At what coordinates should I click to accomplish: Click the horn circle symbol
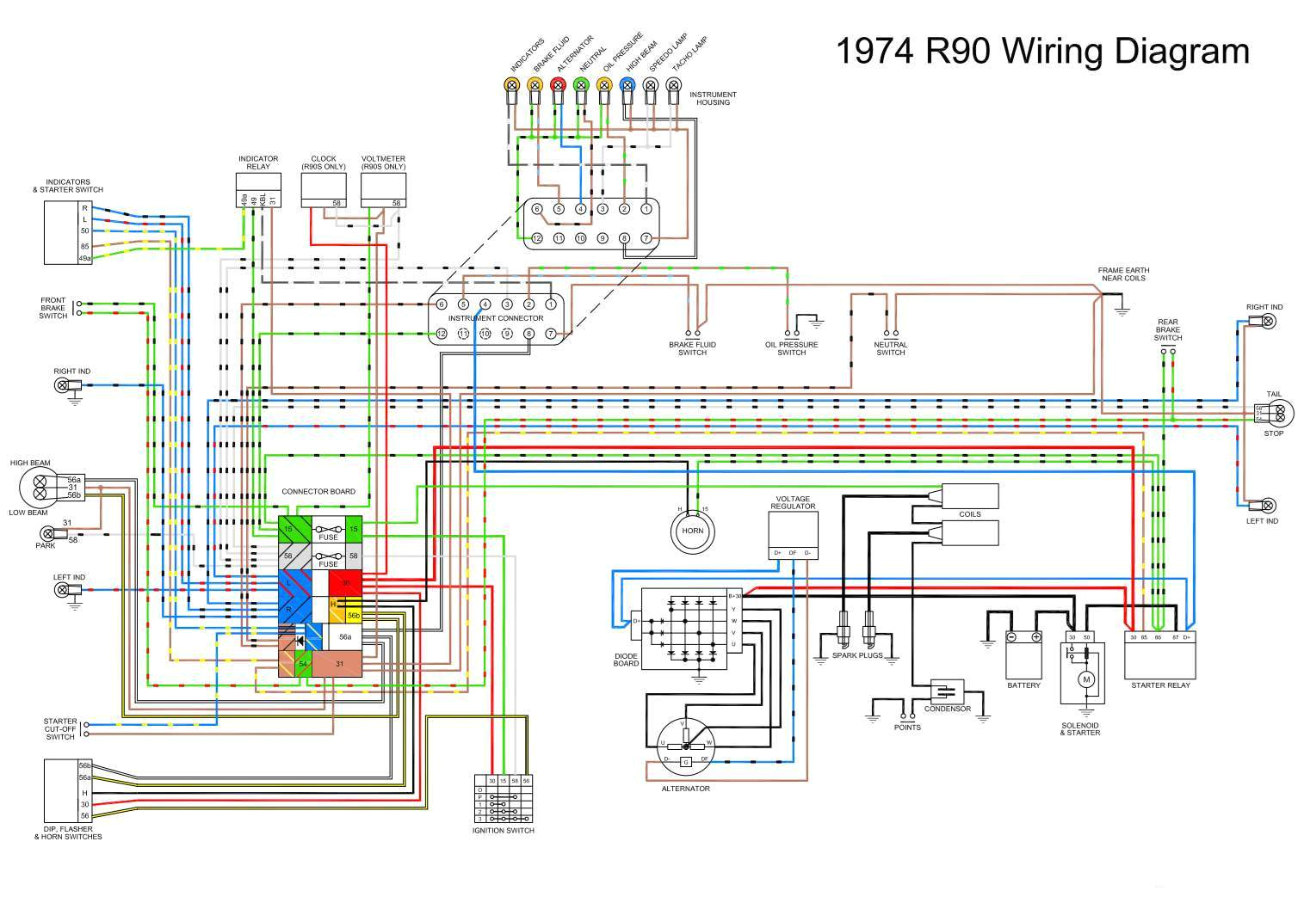tap(693, 530)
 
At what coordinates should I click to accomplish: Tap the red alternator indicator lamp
tap(558, 84)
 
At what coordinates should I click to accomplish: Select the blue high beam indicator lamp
tap(627, 84)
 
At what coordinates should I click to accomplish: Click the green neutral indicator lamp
tap(581, 84)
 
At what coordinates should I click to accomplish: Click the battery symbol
tap(1024, 658)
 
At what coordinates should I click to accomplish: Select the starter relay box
tap(1160, 659)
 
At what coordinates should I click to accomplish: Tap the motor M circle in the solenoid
tap(1086, 679)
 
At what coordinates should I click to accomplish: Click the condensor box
tap(947, 691)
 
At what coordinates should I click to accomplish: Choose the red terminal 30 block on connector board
tap(346, 582)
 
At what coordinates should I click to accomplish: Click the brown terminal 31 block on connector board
tap(339, 663)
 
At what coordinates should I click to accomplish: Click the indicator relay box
tap(258, 189)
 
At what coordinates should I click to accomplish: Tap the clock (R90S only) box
tap(324, 189)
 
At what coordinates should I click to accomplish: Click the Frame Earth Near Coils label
tap(1122, 273)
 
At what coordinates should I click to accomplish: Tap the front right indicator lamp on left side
tap(62, 385)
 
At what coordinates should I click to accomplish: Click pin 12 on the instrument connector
tap(442, 334)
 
